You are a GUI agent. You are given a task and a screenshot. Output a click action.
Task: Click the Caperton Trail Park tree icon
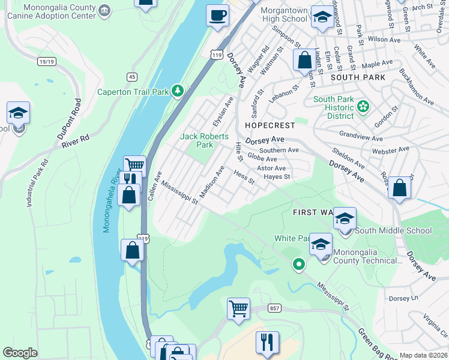point(177,91)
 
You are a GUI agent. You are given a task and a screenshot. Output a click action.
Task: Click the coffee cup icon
point(217,15)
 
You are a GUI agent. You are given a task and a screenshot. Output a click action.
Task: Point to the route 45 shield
point(132,76)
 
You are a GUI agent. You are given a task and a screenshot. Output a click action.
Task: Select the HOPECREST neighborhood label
point(270,125)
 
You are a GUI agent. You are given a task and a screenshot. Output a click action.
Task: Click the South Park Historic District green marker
point(363,106)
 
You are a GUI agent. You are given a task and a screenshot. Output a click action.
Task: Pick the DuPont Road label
point(68,119)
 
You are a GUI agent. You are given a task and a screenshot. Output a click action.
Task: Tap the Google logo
point(20,353)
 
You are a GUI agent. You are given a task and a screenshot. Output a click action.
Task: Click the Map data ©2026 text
point(423,355)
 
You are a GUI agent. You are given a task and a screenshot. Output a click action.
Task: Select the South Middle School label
point(393,230)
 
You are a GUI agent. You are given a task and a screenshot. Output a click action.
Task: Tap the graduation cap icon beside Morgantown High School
point(322,17)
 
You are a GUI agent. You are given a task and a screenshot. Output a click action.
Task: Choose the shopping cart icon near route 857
point(238,309)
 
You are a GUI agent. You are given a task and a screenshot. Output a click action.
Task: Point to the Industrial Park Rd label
point(37,184)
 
